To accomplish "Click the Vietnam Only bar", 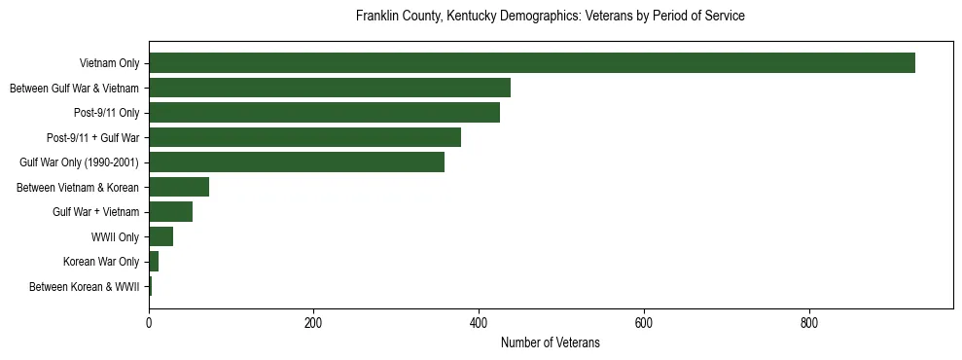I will pyautogui.click(x=532, y=63).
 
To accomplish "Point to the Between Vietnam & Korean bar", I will pyautogui.click(x=179, y=187).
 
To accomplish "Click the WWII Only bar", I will pyautogui.click(x=160, y=236).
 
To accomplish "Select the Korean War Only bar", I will pyautogui.click(x=154, y=262).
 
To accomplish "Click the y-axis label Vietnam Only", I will pyautogui.click(x=109, y=64).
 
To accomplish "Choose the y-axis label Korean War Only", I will pyautogui.click(x=101, y=262).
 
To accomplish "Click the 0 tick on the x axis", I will pyautogui.click(x=149, y=322).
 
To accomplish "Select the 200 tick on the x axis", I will pyautogui.click(x=313, y=322).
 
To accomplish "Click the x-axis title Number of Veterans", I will pyautogui.click(x=550, y=342).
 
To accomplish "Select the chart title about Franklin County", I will pyautogui.click(x=550, y=17).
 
